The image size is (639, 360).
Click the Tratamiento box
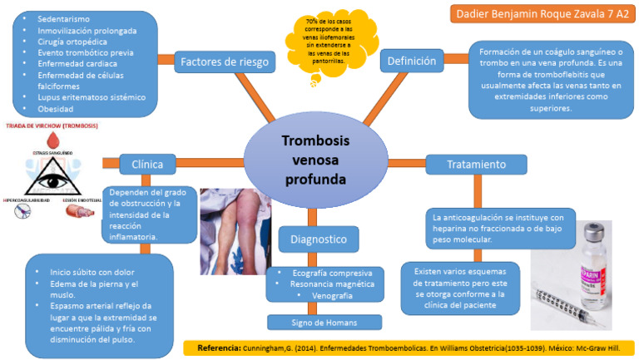click(x=476, y=165)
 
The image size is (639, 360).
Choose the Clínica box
click(x=146, y=164)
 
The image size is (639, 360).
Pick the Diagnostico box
click(x=319, y=240)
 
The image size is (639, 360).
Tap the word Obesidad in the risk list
click(x=56, y=109)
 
